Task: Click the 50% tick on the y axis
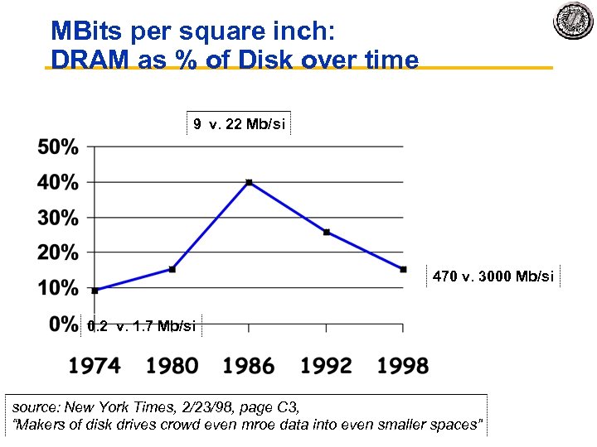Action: (x=58, y=147)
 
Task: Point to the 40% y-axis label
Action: (x=58, y=182)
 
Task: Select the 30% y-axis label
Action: (x=58, y=218)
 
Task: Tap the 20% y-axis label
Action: (x=58, y=252)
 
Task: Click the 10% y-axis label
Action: (x=58, y=288)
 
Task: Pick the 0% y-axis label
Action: (x=63, y=324)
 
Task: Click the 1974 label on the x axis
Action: (x=94, y=365)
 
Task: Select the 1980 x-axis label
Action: (x=172, y=365)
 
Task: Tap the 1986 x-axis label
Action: (x=249, y=365)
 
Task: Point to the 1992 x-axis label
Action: (x=326, y=365)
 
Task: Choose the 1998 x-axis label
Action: (x=403, y=365)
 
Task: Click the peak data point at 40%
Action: (x=249, y=182)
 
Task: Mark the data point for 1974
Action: (x=95, y=290)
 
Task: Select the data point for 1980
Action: (x=172, y=269)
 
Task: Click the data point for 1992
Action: (x=326, y=232)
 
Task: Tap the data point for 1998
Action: (x=403, y=269)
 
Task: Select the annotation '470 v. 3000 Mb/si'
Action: (x=493, y=276)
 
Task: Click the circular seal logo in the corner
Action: (x=573, y=20)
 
